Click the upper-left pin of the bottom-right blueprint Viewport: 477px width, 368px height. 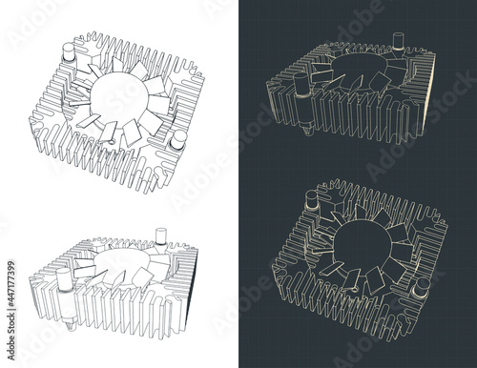[x=313, y=201]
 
